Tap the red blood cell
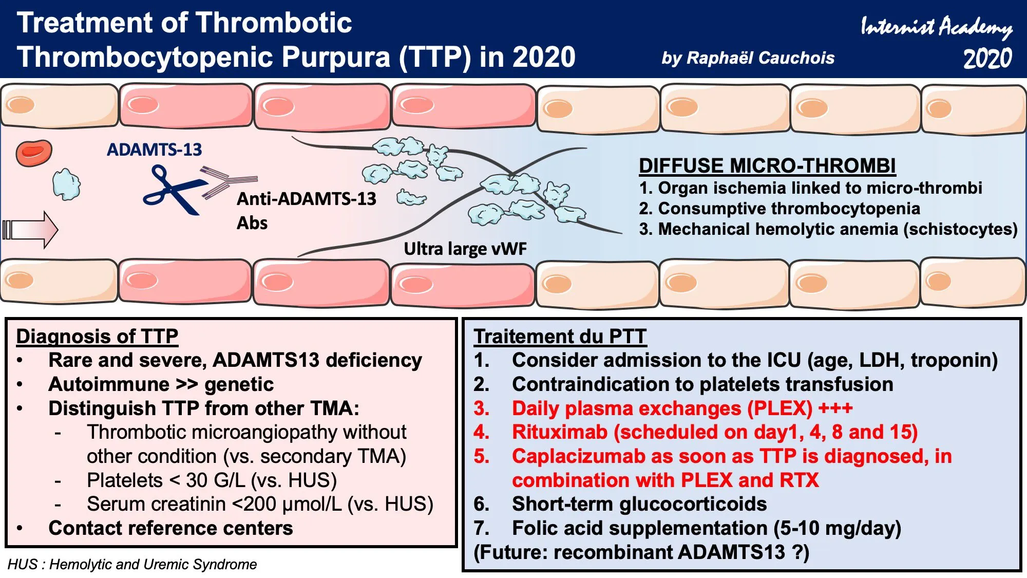[34, 153]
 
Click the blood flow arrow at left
[30, 230]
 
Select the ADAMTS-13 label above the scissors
[154, 150]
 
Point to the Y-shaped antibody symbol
[229, 181]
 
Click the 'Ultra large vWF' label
[465, 249]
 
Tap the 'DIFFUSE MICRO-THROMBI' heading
[767, 165]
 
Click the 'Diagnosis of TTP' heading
[97, 336]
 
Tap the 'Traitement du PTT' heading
[560, 336]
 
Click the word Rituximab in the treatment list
[560, 432]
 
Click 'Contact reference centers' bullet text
[170, 528]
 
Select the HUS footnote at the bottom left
[132, 564]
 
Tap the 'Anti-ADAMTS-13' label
[307, 199]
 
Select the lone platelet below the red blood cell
[67, 184]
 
